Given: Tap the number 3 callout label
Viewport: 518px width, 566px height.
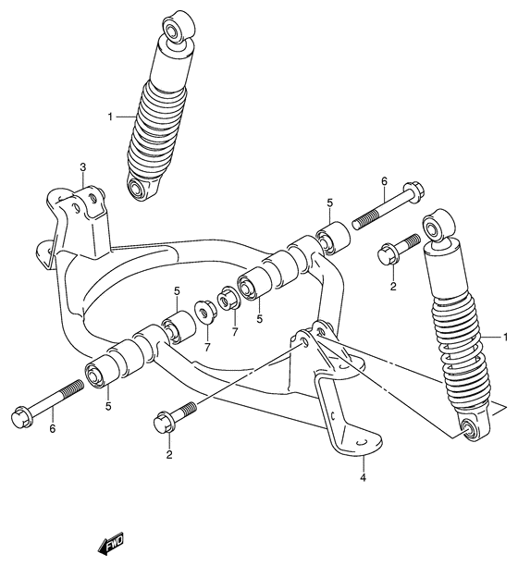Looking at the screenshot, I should pyautogui.click(x=82, y=167).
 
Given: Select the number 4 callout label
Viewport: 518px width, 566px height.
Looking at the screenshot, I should pyautogui.click(x=364, y=478).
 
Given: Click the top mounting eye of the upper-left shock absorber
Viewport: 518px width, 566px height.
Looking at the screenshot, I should pyautogui.click(x=176, y=29).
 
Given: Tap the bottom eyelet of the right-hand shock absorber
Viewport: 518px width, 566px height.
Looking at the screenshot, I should pyautogui.click(x=472, y=425).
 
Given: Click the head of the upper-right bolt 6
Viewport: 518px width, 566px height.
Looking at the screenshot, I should pyautogui.click(x=413, y=191).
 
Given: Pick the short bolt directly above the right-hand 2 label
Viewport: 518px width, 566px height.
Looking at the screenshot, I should pyautogui.click(x=389, y=252).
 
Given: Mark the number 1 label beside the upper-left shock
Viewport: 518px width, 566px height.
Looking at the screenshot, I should pyautogui.click(x=110, y=117).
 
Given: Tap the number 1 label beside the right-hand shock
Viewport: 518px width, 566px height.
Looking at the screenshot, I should pyautogui.click(x=506, y=336).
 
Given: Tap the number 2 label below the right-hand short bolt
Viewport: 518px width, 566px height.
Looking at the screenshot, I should pyautogui.click(x=392, y=287).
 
